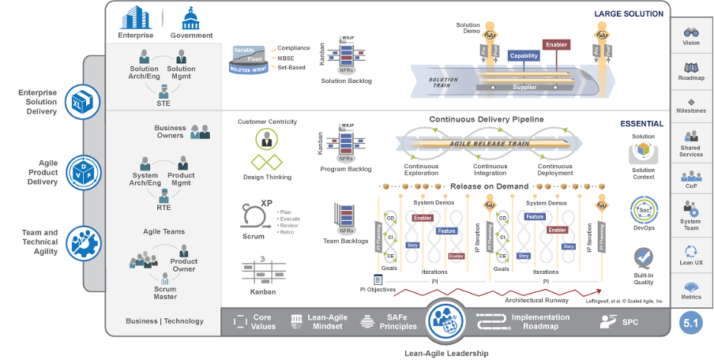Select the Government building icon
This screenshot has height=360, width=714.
click(191, 17)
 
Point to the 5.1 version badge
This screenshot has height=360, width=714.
click(691, 321)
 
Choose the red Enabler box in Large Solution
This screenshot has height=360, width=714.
click(556, 45)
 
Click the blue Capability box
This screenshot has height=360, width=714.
click(524, 55)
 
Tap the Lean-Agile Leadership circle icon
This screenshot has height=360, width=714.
click(446, 321)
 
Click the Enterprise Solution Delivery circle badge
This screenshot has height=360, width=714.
click(82, 103)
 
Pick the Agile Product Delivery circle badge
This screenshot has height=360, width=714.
click(82, 171)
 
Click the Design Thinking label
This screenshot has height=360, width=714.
click(265, 178)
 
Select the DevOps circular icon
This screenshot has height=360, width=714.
click(643, 211)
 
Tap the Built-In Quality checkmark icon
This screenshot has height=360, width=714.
click(643, 258)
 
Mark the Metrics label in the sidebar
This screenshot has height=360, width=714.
click(691, 297)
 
